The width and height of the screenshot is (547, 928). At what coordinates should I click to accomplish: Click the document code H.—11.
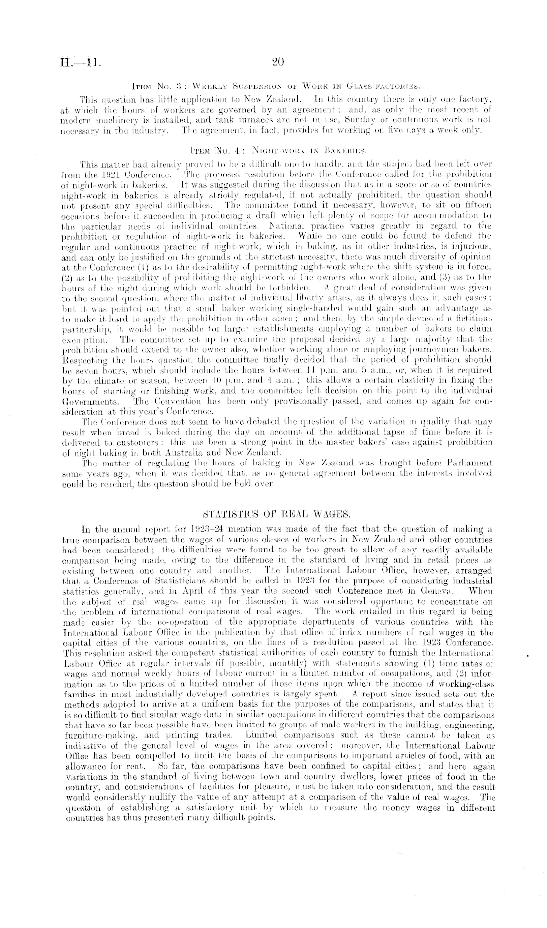[80, 63]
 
